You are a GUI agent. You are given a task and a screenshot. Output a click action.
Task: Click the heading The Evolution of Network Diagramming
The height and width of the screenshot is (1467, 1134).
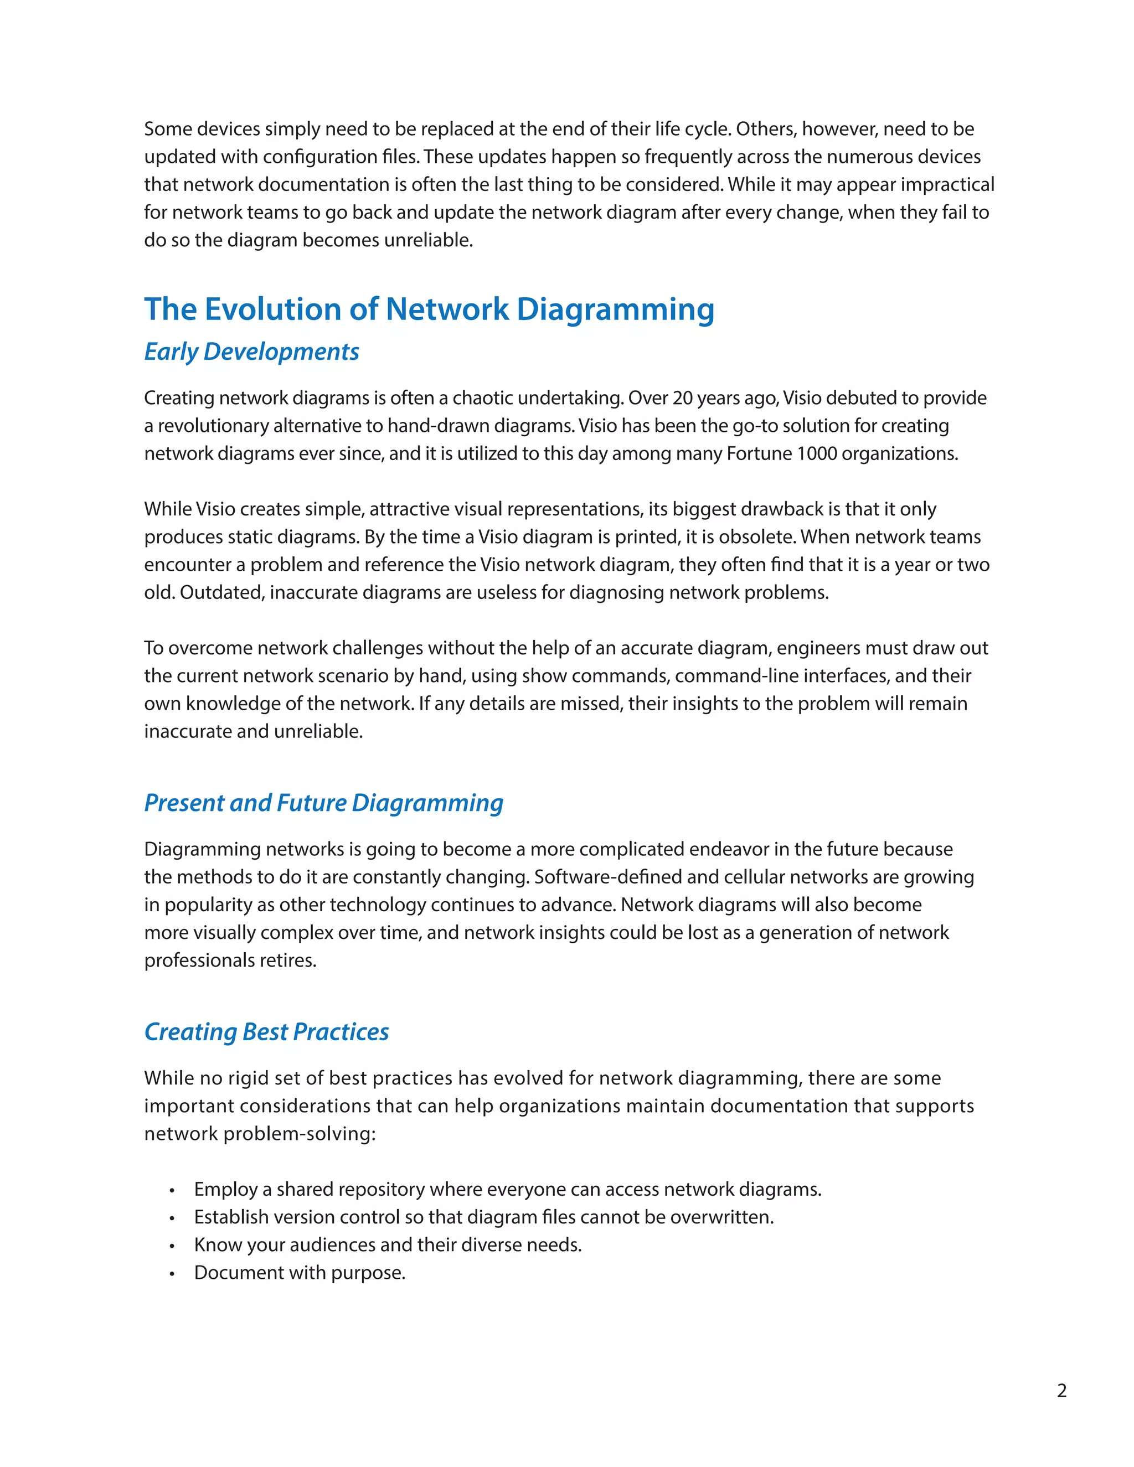tap(429, 309)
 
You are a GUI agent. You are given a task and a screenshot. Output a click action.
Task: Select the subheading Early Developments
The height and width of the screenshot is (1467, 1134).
tap(251, 352)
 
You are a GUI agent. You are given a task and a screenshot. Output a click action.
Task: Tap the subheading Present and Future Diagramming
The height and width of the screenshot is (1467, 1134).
tap(323, 803)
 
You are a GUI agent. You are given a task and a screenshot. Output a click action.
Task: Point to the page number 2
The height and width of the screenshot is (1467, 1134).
tap(1061, 1391)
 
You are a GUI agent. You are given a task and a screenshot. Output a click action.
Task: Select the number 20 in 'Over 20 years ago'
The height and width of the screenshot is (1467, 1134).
tap(683, 399)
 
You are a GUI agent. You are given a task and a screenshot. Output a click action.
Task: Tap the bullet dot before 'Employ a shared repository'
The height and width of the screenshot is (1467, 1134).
tap(172, 1191)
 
